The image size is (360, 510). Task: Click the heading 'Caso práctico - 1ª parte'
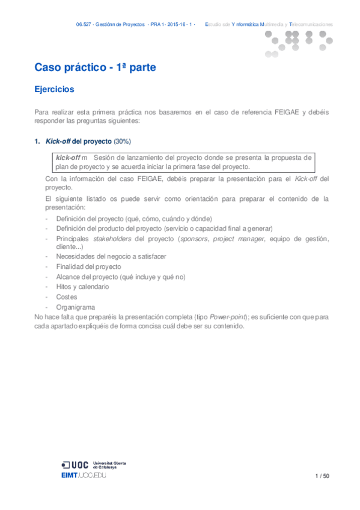[x=95, y=68]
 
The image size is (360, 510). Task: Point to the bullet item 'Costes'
[x=66, y=297]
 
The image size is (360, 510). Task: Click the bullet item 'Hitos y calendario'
[x=82, y=287]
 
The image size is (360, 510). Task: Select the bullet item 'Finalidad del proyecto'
[x=88, y=266]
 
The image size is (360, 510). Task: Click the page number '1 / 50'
[x=322, y=476]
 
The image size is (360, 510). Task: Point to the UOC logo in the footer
[x=75, y=464]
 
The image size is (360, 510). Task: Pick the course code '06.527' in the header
[x=84, y=25]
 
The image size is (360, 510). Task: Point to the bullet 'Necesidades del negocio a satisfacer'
[x=111, y=256]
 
